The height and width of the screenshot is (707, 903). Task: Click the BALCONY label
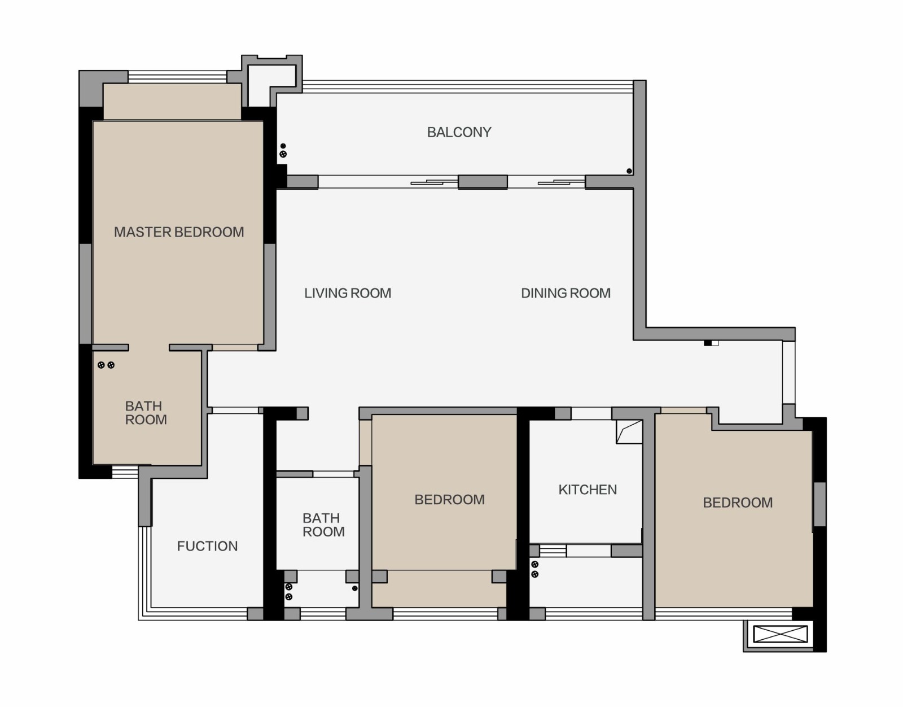pyautogui.click(x=459, y=132)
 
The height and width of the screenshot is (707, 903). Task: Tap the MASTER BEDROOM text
pyautogui.click(x=179, y=232)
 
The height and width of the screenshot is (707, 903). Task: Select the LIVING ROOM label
pyautogui.click(x=348, y=293)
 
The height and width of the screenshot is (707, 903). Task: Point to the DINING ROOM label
pyautogui.click(x=566, y=293)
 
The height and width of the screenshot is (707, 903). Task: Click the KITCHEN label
pyautogui.click(x=588, y=490)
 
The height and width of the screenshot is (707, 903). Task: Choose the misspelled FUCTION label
pyautogui.click(x=207, y=546)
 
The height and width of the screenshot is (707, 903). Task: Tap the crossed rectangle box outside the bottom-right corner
pyautogui.click(x=781, y=634)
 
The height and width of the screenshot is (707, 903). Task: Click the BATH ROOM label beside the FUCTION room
pyautogui.click(x=324, y=525)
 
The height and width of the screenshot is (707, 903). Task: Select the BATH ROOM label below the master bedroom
pyautogui.click(x=146, y=413)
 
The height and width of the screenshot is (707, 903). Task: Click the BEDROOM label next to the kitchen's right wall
pyautogui.click(x=738, y=503)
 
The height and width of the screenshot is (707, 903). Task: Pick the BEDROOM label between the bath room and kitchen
pyautogui.click(x=450, y=499)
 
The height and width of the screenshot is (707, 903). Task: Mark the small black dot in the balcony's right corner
pyautogui.click(x=629, y=171)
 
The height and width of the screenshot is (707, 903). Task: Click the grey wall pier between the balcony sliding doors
pyautogui.click(x=483, y=182)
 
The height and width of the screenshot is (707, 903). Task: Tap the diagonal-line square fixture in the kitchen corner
pyautogui.click(x=629, y=431)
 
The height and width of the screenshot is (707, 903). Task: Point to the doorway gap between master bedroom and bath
pyautogui.click(x=149, y=347)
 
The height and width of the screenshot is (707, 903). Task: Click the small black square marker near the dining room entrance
pyautogui.click(x=707, y=343)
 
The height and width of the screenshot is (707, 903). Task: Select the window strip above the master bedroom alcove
pyautogui.click(x=177, y=77)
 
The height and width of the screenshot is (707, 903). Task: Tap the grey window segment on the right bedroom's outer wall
pyautogui.click(x=819, y=504)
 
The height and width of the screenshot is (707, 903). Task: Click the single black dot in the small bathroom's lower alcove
pyautogui.click(x=354, y=588)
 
